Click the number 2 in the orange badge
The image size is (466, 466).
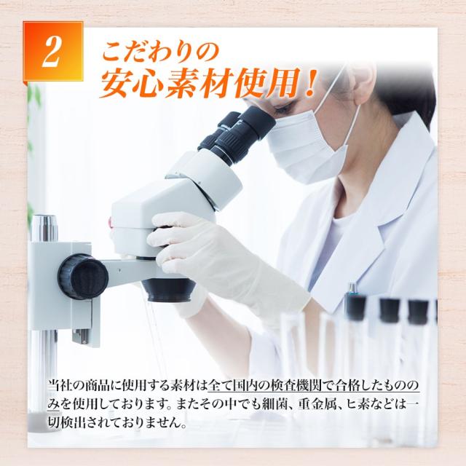(52, 52)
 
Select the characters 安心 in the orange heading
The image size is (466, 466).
(133, 84)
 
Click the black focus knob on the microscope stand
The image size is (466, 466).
(82, 277)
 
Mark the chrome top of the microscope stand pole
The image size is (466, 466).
(44, 228)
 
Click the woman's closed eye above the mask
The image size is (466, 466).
(283, 109)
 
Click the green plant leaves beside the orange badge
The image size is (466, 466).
(34, 95)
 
